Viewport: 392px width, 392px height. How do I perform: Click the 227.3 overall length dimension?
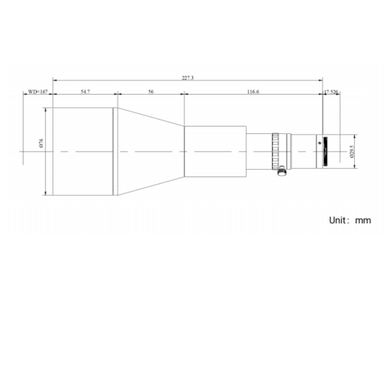point(188,78)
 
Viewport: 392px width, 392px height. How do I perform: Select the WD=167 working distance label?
point(38,92)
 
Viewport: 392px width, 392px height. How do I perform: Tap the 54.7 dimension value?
point(85,92)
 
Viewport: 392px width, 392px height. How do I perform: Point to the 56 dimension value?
point(151,92)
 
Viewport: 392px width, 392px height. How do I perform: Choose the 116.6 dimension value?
point(253,92)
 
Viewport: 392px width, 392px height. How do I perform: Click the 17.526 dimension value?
point(331,92)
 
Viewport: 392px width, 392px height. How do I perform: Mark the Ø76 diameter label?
point(41,143)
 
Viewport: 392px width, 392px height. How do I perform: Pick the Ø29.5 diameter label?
point(352,152)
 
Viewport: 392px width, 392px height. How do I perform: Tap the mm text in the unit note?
point(363,221)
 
